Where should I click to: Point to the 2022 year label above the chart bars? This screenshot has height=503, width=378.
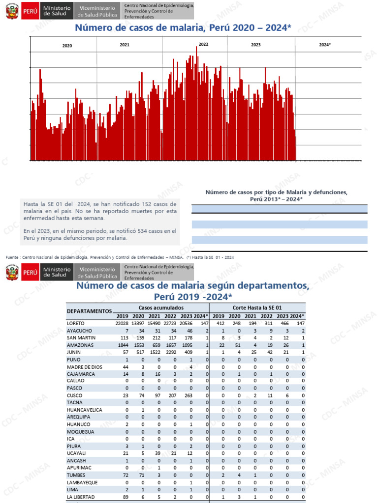[203, 44]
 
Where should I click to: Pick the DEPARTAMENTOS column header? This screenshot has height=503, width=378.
[89, 311]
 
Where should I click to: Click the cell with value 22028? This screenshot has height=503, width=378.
[122, 323]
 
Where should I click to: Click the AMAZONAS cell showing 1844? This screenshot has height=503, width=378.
[122, 345]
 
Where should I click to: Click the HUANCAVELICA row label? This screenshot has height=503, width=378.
[85, 410]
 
